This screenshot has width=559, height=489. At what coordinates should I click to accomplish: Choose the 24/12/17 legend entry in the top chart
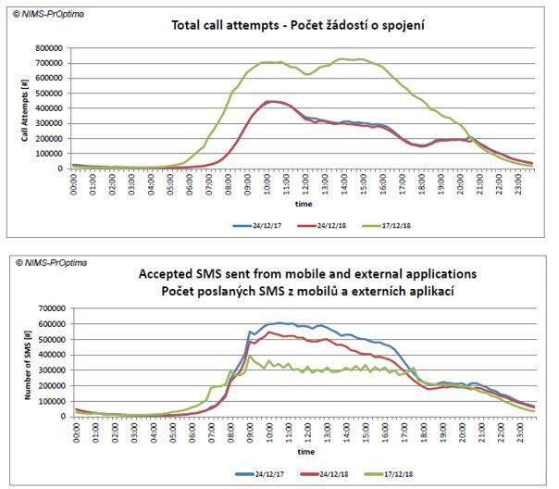242,224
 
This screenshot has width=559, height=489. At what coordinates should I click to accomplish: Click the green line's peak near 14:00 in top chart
342,59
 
